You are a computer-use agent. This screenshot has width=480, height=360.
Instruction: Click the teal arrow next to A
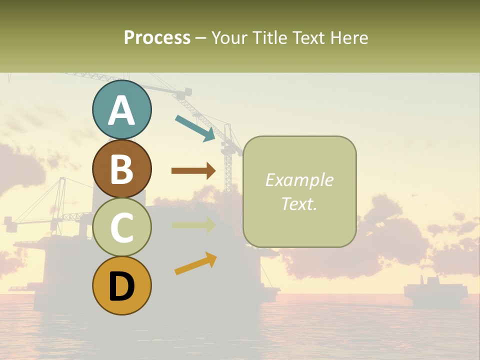(195, 128)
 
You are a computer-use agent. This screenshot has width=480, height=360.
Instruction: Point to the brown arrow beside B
(193, 171)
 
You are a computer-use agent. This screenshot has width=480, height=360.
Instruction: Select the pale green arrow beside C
(193, 225)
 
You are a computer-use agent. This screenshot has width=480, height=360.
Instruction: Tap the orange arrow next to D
(195, 264)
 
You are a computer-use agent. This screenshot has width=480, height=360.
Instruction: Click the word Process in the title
(157, 37)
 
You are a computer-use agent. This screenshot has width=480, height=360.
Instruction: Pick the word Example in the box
(299, 180)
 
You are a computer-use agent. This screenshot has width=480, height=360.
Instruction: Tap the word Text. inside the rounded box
(299, 203)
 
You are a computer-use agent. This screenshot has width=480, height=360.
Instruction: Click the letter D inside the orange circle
(121, 287)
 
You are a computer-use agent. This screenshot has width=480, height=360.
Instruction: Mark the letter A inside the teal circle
(121, 111)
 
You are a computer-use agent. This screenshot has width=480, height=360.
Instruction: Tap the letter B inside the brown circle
(121, 169)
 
